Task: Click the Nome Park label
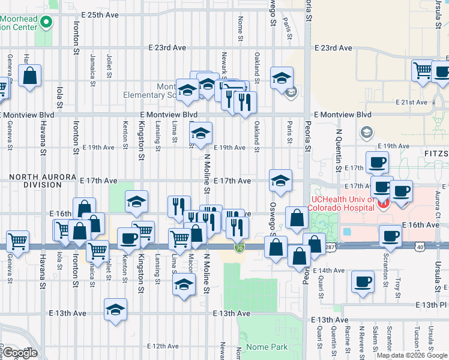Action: [268, 347]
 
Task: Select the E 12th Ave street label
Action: [163, 346]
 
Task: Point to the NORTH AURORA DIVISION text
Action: [34, 181]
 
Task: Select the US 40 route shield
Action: [419, 247]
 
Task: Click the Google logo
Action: [20, 353]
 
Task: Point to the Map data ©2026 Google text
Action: [411, 355]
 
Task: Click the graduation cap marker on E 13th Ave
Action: [115, 310]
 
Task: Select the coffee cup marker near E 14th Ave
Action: [362, 282]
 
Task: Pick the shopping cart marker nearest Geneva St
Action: [17, 242]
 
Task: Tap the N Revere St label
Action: [362, 339]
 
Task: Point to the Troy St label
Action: [398, 288]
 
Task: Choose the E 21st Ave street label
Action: [414, 103]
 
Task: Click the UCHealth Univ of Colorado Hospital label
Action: [341, 204]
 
